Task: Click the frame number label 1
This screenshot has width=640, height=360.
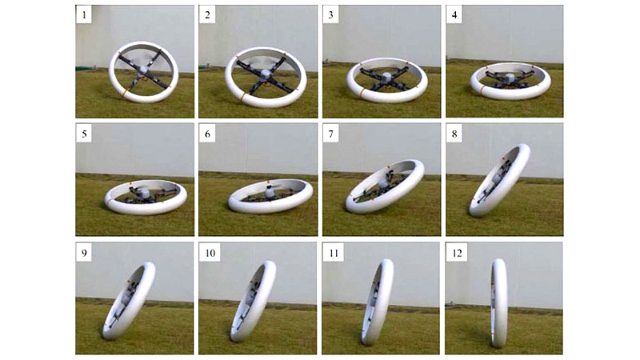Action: [x=84, y=15]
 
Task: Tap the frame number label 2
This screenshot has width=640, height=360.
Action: [x=207, y=15]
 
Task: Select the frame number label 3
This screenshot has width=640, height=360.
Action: [x=331, y=15]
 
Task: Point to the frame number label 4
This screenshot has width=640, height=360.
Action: [x=454, y=15]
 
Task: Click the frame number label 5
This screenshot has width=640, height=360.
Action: [x=84, y=134]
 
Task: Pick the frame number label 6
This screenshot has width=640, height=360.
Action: [x=207, y=134]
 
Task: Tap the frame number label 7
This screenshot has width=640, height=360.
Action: [x=331, y=134]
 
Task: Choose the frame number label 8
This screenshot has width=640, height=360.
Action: [x=454, y=134]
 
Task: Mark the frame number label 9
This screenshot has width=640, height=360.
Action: [x=84, y=253]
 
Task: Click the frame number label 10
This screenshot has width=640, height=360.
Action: [x=210, y=253]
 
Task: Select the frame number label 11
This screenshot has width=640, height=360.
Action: [x=334, y=253]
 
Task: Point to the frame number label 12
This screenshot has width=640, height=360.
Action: [x=457, y=253]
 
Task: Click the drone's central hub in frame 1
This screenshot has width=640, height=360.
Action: [x=142, y=71]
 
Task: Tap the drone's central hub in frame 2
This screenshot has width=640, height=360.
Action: [x=265, y=74]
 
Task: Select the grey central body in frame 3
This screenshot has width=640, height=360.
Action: [x=386, y=78]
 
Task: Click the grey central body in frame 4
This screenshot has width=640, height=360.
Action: [x=509, y=78]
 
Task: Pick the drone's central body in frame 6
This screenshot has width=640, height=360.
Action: [x=270, y=192]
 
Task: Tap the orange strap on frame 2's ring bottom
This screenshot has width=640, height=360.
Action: [x=244, y=96]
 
